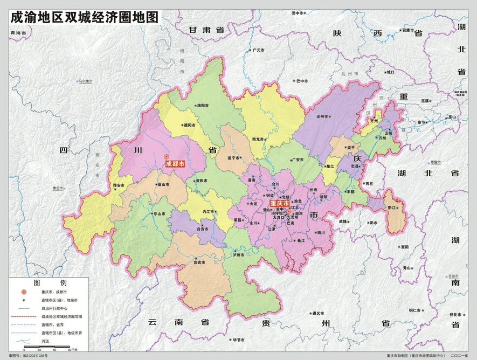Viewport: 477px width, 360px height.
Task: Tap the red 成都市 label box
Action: click(175, 163)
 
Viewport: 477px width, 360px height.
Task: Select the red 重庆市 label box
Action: click(280, 204)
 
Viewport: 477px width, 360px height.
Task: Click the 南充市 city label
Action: click(259, 139)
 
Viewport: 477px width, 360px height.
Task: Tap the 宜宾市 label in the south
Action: click(202, 262)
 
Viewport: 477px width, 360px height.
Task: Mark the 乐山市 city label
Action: click(158, 214)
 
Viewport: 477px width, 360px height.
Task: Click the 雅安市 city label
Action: click(119, 185)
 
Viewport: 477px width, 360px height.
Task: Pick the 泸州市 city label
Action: click(238, 255)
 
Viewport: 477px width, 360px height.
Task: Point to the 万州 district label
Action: click(382, 139)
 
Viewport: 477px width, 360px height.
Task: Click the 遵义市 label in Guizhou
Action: click(318, 313)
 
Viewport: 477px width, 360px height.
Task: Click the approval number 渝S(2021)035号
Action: click(32, 356)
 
